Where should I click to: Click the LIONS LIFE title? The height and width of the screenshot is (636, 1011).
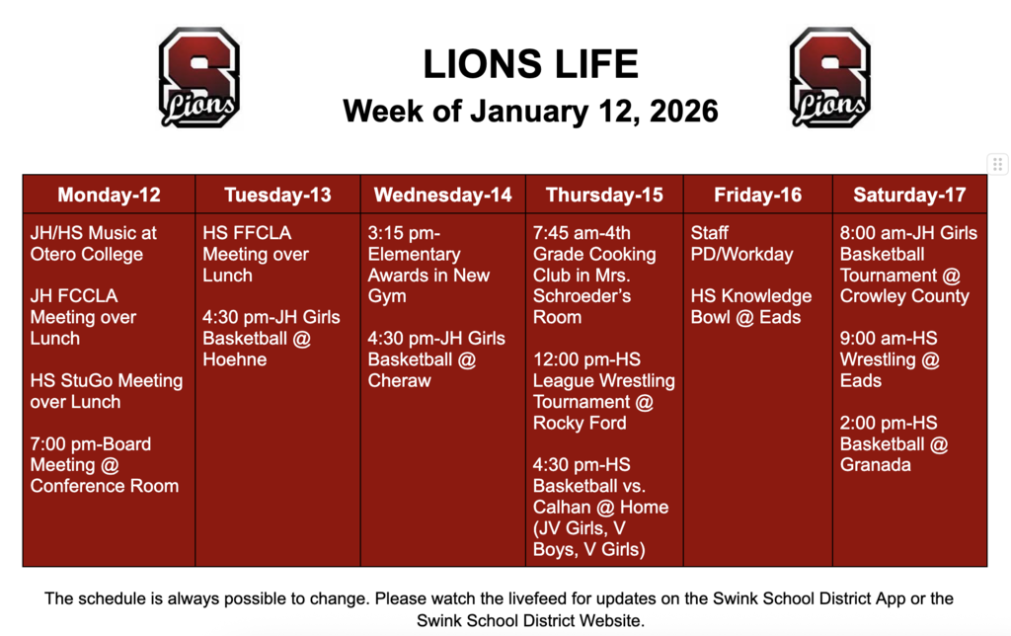coord(530,65)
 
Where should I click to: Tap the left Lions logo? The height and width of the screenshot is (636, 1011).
coord(199,77)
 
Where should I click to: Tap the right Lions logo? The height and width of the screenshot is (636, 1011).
coord(829,77)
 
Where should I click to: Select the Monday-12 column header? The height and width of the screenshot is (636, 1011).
coord(109,195)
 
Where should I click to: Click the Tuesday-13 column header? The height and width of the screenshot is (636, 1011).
coord(277,195)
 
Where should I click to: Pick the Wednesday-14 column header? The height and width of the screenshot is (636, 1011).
coord(442,195)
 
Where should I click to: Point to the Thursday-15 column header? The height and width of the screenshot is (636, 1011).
coord(604,195)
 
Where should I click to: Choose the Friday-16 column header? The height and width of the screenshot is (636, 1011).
coord(757,195)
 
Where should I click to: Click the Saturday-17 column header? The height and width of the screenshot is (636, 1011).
coord(909,195)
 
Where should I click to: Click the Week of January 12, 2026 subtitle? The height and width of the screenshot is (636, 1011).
coord(530,111)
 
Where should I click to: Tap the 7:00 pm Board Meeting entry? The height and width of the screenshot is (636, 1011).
coord(105,465)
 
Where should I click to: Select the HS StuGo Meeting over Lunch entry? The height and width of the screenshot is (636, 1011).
coord(107,391)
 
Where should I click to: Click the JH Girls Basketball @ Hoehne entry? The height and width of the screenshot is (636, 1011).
coord(271,338)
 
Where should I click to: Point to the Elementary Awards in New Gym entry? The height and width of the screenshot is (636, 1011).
coord(428,265)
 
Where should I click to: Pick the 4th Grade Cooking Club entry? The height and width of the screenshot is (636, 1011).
coord(594,276)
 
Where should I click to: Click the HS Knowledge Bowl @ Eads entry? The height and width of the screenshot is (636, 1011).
coord(750,306)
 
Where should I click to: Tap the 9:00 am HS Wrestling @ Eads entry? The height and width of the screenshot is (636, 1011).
coord(889,359)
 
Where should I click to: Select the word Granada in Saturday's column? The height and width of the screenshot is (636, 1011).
coord(875,465)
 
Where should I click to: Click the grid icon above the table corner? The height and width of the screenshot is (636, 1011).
coord(997,164)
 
